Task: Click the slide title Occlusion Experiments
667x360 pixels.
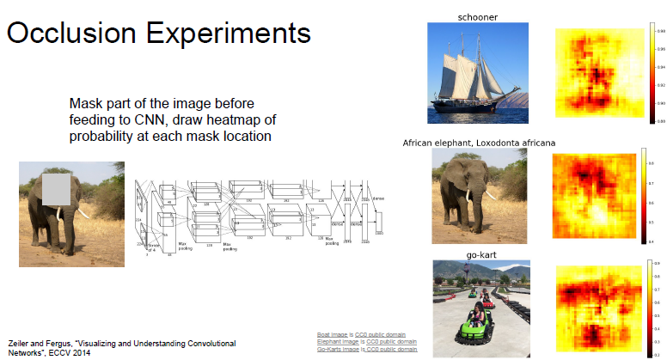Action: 159,34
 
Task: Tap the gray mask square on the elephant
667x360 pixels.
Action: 60,188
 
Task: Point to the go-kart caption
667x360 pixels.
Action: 480,255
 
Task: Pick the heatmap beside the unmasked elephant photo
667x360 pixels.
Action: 594,196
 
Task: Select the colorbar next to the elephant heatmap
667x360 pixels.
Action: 642,196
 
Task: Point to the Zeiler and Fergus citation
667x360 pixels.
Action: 120,347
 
